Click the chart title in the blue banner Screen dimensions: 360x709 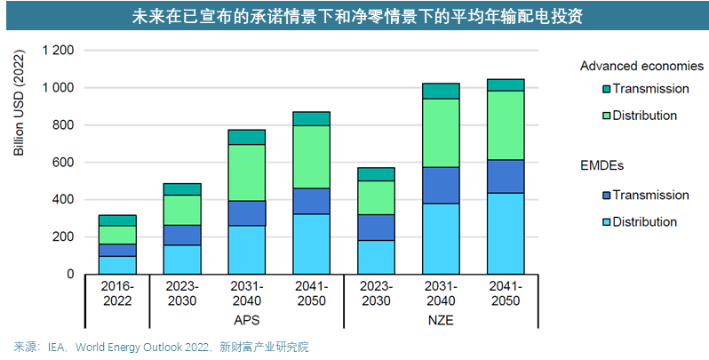tap(354, 16)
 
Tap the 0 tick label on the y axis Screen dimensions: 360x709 tap(69, 275)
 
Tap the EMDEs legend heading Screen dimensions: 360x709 tap(604, 165)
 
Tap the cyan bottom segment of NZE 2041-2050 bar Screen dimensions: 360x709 tap(506, 233)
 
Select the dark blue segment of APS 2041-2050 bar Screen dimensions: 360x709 tap(311, 201)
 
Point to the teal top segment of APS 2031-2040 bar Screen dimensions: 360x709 tap(246, 137)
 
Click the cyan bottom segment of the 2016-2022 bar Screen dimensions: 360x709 tap(117, 265)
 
